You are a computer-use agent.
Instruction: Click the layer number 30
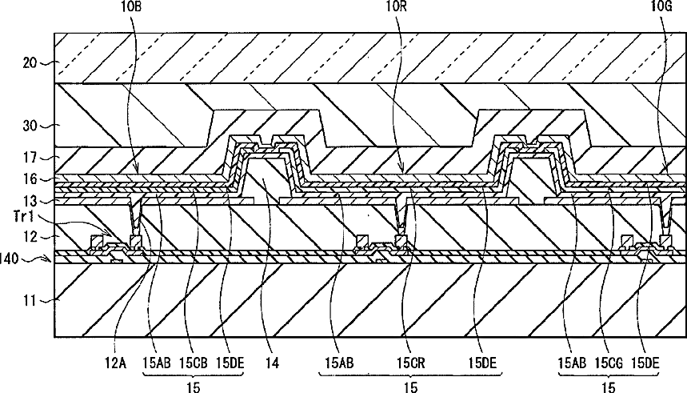point(29,125)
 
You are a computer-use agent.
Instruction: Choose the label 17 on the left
point(29,158)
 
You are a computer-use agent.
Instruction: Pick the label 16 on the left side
point(29,179)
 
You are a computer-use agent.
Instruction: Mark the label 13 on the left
point(29,200)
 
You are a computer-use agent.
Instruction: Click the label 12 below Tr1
point(29,237)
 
